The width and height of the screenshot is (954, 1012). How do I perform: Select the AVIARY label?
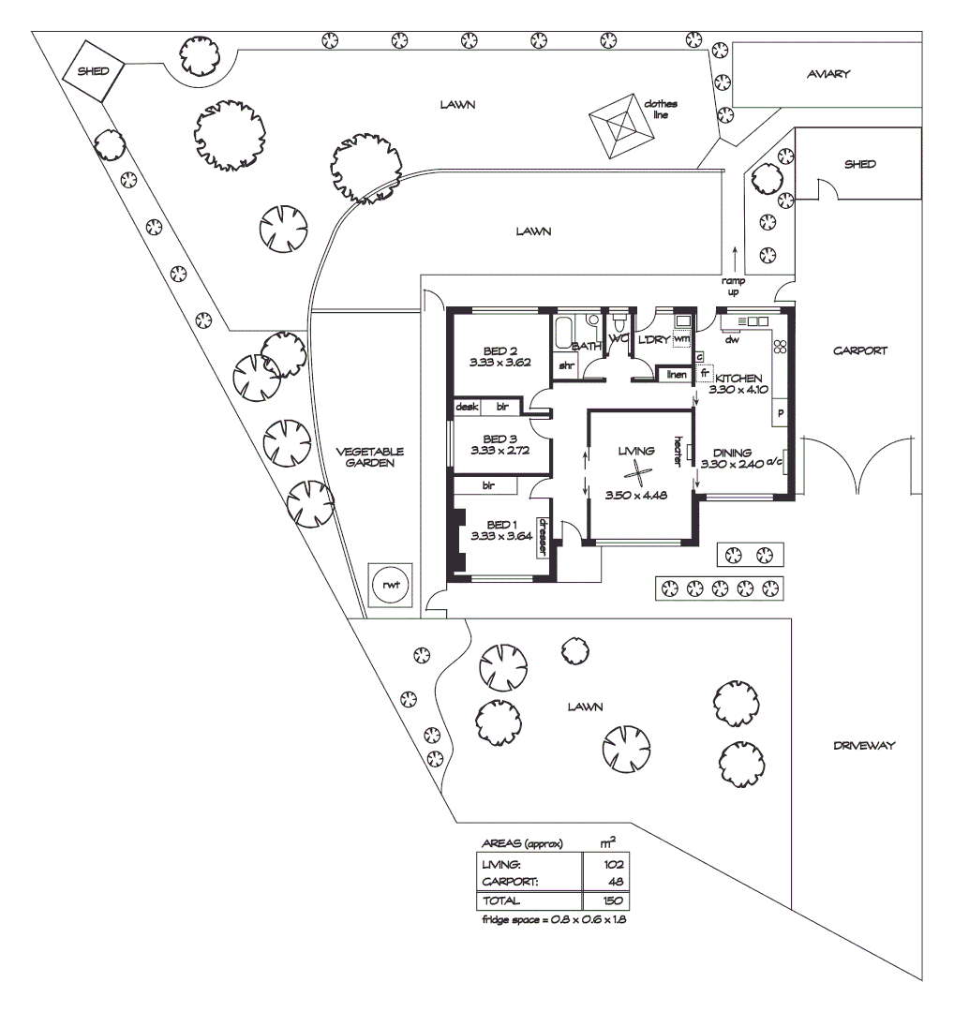(827, 74)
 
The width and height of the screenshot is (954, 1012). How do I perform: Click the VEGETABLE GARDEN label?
(370, 456)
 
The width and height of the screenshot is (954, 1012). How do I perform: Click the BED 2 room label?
(500, 351)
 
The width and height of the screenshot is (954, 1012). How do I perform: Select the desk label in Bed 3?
(466, 407)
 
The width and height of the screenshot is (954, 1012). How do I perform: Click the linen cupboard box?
(676, 375)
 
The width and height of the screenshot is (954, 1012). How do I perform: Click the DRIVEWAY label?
(864, 746)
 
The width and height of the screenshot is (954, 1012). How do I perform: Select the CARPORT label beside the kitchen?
(859, 350)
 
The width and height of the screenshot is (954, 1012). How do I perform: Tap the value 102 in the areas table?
(614, 865)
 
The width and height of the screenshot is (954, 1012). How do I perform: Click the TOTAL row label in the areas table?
(501, 900)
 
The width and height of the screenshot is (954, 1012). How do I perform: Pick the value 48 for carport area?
(616, 883)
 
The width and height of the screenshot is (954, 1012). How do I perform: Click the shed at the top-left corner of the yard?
(93, 71)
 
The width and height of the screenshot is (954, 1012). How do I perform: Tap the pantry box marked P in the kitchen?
(780, 413)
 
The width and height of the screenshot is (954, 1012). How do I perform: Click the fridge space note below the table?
(553, 920)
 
